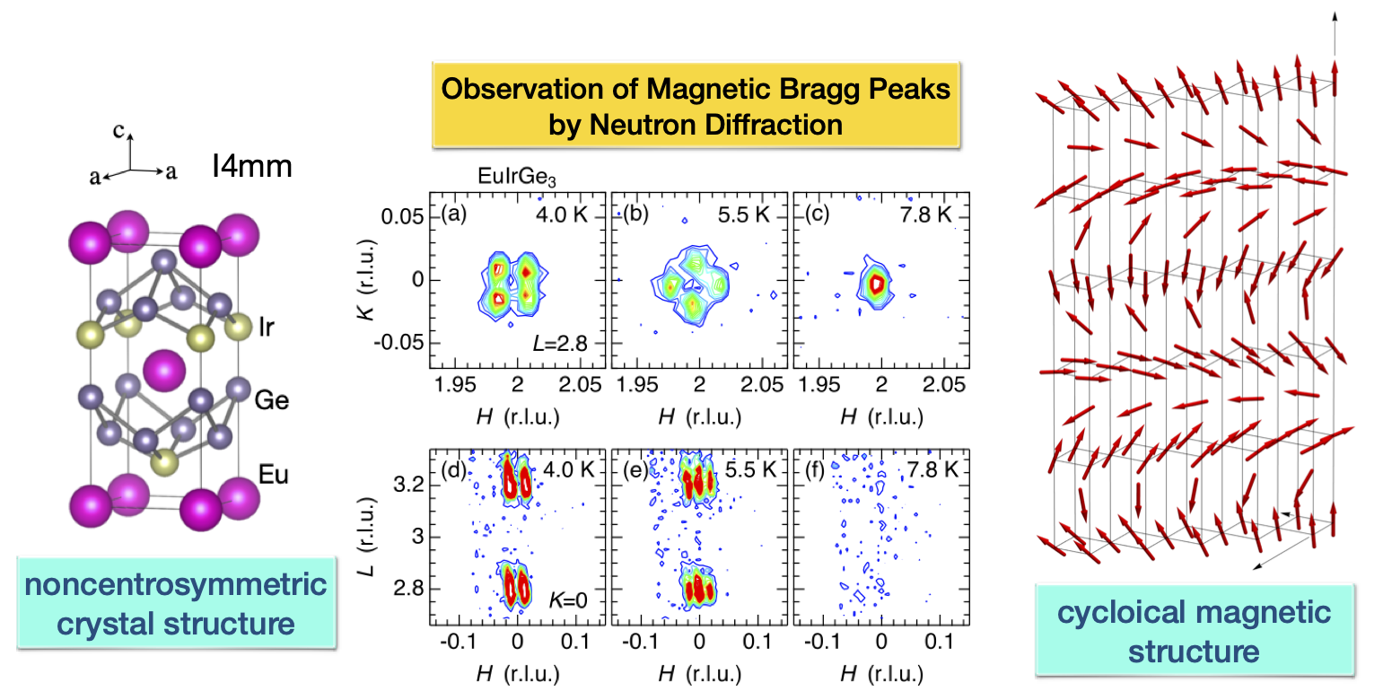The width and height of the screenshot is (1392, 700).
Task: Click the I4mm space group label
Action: pos(252,166)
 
